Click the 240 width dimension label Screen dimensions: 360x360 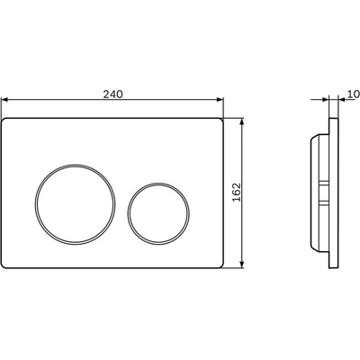[x=113, y=94]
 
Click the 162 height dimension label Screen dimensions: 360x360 [x=237, y=193]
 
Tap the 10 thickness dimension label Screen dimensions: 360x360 [x=354, y=94]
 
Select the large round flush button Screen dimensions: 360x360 [x=75, y=204]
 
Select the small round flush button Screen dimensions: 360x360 [x=158, y=213]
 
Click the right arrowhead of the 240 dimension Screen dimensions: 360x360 [x=220, y=100]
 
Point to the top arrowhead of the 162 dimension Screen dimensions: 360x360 [x=242, y=121]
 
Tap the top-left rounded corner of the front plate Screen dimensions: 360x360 [x=4, y=120]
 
